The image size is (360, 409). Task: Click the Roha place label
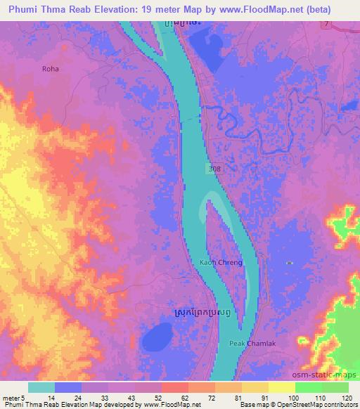pyautogui.click(x=50, y=69)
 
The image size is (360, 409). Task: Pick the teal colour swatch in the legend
pyautogui.click(x=41, y=387)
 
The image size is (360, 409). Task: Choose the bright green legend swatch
pyautogui.click(x=309, y=387)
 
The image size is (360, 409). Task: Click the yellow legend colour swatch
pyautogui.click(x=282, y=387)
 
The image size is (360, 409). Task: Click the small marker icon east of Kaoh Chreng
pyautogui.click(x=290, y=262)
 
